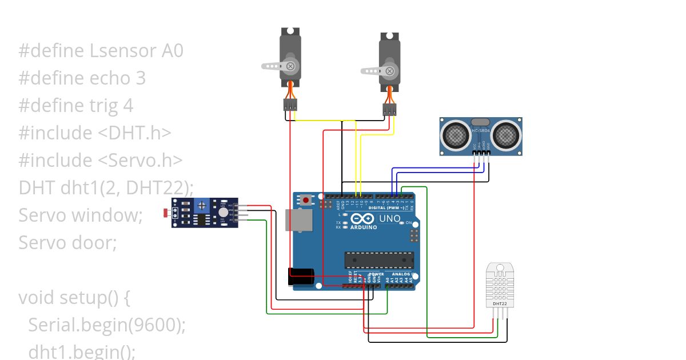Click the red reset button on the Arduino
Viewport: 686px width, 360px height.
pos(307,200)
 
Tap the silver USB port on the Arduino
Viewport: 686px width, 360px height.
pos(297,220)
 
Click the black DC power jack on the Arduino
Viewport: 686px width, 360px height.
pos(301,277)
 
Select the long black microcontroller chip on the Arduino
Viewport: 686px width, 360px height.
pos(378,259)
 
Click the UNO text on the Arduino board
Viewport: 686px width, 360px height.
pos(390,218)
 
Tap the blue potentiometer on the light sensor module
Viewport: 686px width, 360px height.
pos(201,205)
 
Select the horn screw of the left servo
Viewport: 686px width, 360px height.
pos(291,66)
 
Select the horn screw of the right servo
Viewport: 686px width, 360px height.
pos(390,71)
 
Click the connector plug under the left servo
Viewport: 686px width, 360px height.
pos(290,105)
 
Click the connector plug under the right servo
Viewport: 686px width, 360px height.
pos(390,110)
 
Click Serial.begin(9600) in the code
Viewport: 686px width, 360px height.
pos(106,325)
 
